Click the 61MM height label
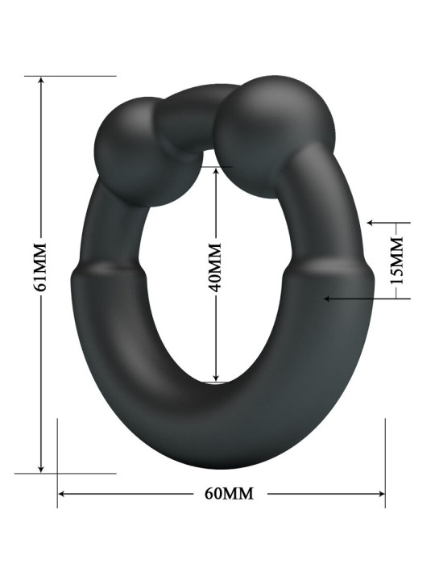(x=41, y=266)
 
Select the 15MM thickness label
(x=396, y=258)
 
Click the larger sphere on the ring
(x=274, y=126)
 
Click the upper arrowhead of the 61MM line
(x=41, y=81)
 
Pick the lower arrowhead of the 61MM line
(x=41, y=469)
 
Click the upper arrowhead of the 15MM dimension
(x=369, y=222)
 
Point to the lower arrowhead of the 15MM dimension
(x=327, y=299)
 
